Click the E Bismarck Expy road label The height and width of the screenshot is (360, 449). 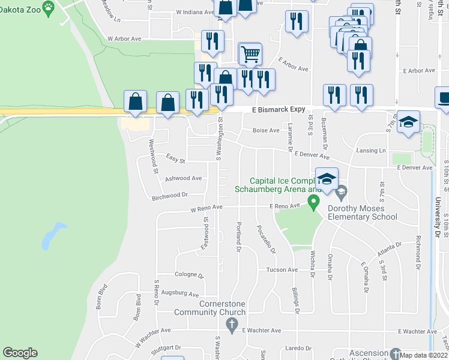pos(279,110)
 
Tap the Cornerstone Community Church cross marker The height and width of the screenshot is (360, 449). pos(232,325)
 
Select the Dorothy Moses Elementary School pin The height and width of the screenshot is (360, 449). pos(342,193)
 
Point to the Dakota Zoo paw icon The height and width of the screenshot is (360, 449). pos(48,7)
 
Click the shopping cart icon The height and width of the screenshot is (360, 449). pos(250,55)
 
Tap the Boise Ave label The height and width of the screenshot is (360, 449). pos(266,130)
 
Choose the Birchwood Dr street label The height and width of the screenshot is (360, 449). pos(170,195)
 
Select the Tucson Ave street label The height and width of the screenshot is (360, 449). pos(282,270)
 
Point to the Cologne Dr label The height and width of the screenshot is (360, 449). pos(189,275)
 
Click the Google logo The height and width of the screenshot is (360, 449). pos(20,353)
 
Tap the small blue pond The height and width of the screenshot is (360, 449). pos(51,237)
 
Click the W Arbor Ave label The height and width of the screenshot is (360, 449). pos(124,39)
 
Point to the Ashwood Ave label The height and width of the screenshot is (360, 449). pos(183,178)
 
